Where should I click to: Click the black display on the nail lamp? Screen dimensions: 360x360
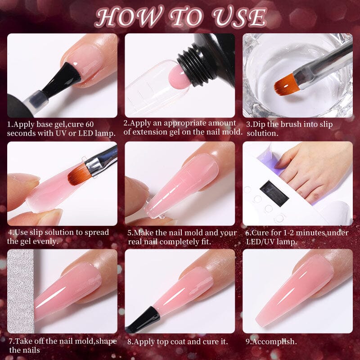(274, 192)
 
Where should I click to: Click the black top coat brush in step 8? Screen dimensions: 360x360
(143, 319)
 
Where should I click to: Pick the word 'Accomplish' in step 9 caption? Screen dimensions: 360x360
(273, 342)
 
